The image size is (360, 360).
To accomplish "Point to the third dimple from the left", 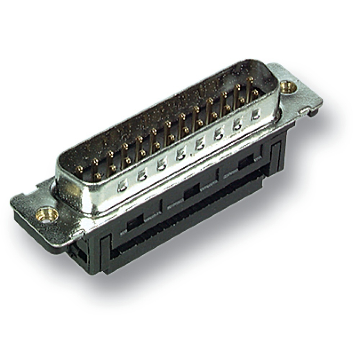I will (x=161, y=166).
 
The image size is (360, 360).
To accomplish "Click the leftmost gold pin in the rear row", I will (x=80, y=168).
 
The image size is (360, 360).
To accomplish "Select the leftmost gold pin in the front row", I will (x=97, y=176).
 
